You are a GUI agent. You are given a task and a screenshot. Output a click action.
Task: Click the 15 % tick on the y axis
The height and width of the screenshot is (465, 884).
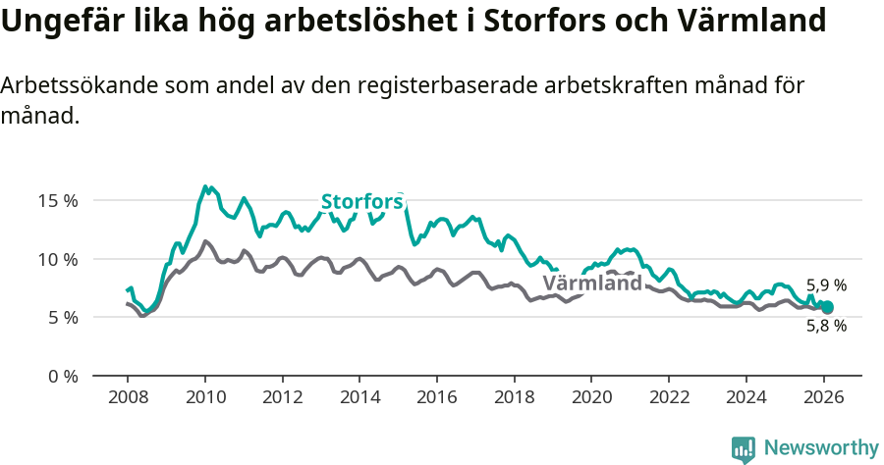pyautogui.click(x=57, y=201)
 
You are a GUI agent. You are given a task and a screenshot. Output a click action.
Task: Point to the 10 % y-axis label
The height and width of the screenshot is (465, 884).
pyautogui.click(x=57, y=259)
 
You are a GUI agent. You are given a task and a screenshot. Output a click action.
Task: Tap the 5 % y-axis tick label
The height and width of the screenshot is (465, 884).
pyautogui.click(x=61, y=318)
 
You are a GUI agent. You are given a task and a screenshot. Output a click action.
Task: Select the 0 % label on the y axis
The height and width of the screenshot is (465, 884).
pyautogui.click(x=61, y=377)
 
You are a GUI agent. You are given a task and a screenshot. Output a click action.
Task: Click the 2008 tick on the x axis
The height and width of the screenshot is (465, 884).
pyautogui.click(x=128, y=397)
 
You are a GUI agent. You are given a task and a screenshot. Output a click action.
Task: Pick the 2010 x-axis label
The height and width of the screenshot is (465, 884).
pyautogui.click(x=204, y=397)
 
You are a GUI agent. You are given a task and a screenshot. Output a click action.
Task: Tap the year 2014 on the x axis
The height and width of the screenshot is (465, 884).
pyautogui.click(x=359, y=397)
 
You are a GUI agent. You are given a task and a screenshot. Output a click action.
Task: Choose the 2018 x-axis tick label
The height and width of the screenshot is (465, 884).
pyautogui.click(x=514, y=397)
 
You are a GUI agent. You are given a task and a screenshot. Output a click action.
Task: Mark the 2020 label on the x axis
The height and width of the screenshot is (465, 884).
pyautogui.click(x=591, y=397)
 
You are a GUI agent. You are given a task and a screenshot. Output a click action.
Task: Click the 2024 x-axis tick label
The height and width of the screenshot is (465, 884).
pyautogui.click(x=746, y=397)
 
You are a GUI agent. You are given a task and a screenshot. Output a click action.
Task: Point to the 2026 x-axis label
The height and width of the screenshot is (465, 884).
pyautogui.click(x=823, y=397)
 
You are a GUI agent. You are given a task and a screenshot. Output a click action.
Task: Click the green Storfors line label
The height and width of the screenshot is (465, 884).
pyautogui.click(x=362, y=202)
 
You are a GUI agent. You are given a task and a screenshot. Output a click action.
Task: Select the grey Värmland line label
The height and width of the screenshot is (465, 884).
pyautogui.click(x=592, y=284)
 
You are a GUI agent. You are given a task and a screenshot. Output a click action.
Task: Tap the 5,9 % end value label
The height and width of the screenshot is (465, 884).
pyautogui.click(x=826, y=286)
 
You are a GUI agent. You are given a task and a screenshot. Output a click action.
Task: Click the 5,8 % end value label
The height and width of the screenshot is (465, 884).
pyautogui.click(x=826, y=327)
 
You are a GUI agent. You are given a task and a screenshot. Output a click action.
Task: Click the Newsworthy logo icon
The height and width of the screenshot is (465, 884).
pyautogui.click(x=744, y=448)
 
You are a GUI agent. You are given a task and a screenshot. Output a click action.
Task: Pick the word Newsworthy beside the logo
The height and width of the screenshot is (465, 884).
pyautogui.click(x=821, y=448)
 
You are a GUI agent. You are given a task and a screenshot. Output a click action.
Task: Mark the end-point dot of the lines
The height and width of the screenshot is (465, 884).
pyautogui.click(x=827, y=308)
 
